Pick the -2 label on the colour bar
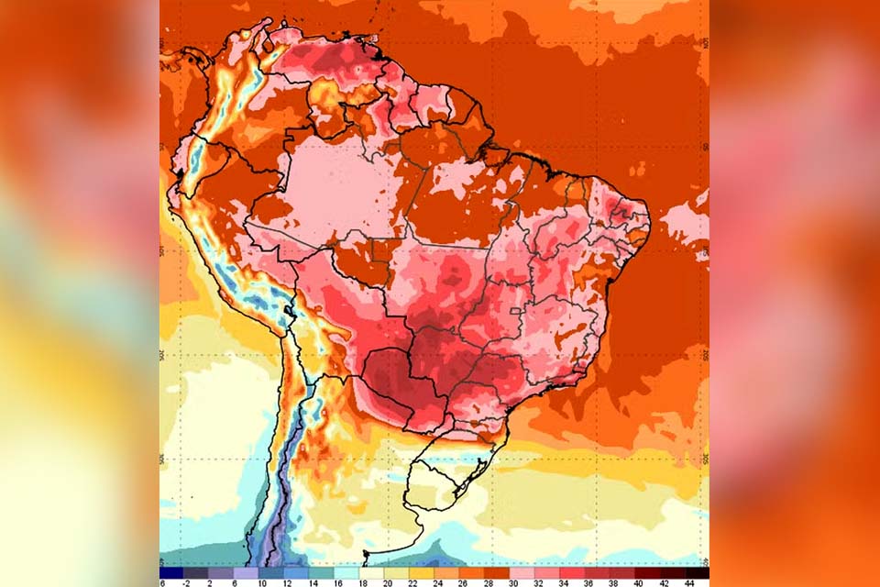186,582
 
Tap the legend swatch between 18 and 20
376,572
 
